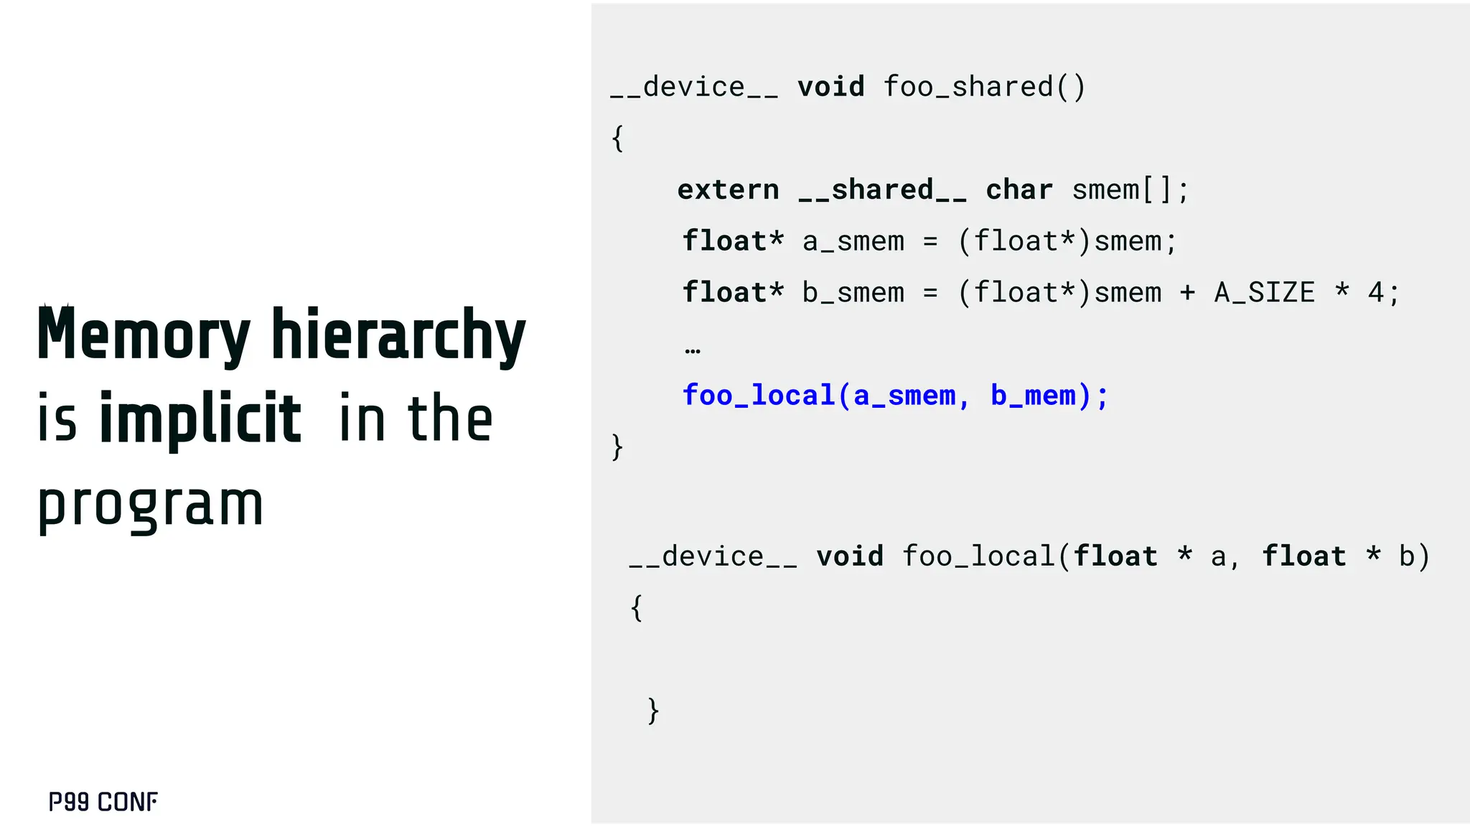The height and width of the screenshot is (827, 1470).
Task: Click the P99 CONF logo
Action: (103, 802)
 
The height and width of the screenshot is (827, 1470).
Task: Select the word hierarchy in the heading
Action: (398, 335)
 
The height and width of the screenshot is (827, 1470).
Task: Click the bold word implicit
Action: (200, 419)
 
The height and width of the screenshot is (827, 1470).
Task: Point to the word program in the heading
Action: (151, 505)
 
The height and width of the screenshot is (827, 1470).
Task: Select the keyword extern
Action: (728, 190)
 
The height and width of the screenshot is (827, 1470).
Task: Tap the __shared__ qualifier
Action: (882, 190)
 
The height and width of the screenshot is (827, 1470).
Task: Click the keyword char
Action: (1019, 190)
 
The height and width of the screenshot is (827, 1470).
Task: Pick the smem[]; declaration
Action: (1130, 190)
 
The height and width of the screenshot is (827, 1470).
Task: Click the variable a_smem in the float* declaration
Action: (853, 242)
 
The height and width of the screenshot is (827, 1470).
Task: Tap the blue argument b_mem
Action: (1034, 396)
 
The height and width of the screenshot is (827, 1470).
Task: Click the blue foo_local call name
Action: (759, 396)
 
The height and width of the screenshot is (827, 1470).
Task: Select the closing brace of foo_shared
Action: (617, 447)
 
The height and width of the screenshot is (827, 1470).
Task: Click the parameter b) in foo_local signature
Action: (1414, 557)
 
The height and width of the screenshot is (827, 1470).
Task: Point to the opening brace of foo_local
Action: (637, 608)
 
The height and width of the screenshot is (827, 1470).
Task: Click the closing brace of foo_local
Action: (653, 711)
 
